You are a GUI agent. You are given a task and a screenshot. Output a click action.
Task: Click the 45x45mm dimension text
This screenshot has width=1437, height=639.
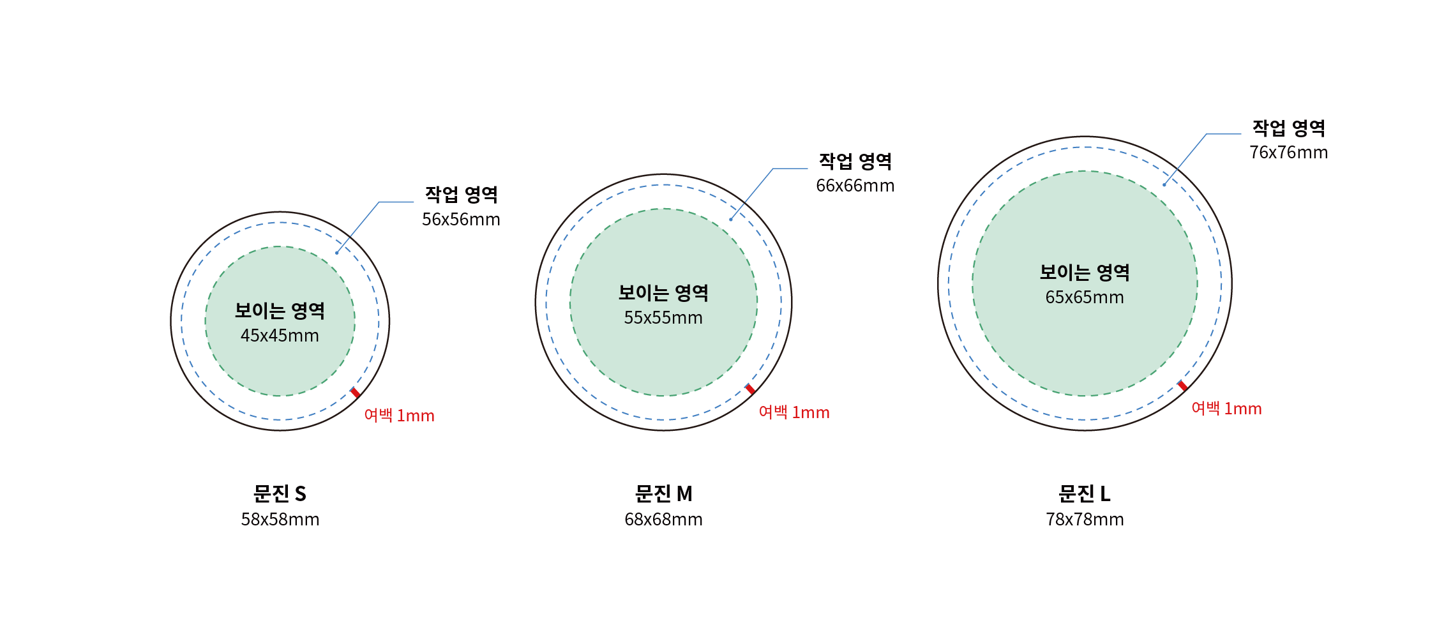click(280, 336)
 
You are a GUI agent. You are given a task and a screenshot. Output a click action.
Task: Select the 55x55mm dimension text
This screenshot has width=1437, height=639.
click(663, 318)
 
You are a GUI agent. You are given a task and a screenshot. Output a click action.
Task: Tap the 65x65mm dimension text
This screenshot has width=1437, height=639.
click(1085, 297)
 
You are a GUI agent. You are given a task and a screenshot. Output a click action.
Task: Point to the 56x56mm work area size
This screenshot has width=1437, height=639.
click(461, 220)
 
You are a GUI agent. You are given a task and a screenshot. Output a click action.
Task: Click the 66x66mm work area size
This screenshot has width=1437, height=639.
click(855, 186)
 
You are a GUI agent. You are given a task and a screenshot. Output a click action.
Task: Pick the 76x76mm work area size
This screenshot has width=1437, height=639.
click(1289, 153)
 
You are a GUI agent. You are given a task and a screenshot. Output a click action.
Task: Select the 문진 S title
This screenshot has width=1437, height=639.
click(280, 493)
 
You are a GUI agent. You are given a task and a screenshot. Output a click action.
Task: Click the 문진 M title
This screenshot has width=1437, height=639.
click(663, 493)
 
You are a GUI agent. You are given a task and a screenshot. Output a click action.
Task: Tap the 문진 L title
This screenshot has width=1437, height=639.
click(1085, 493)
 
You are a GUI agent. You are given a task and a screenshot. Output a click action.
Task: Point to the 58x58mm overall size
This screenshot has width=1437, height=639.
click(280, 520)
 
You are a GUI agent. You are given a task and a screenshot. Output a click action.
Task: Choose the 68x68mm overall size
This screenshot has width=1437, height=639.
click(663, 520)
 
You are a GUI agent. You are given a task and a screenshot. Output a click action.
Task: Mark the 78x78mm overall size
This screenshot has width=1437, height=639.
click(1085, 520)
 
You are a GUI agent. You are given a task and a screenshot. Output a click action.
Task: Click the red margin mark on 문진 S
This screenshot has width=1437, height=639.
click(355, 393)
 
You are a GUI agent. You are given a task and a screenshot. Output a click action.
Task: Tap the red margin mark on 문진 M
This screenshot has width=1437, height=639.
click(750, 389)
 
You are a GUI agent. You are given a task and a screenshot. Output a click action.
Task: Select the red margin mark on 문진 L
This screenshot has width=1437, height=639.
click(1182, 386)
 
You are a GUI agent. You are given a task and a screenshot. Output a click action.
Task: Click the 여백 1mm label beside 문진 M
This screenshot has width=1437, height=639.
click(794, 412)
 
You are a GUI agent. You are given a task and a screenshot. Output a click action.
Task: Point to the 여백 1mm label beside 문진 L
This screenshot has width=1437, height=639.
click(1226, 409)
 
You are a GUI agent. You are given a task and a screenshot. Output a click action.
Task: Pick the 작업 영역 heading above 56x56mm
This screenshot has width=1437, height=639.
click(461, 195)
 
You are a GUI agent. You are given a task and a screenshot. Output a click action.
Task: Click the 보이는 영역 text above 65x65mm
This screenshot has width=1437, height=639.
click(1085, 273)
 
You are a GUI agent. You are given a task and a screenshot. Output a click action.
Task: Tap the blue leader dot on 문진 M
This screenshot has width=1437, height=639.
click(731, 220)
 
